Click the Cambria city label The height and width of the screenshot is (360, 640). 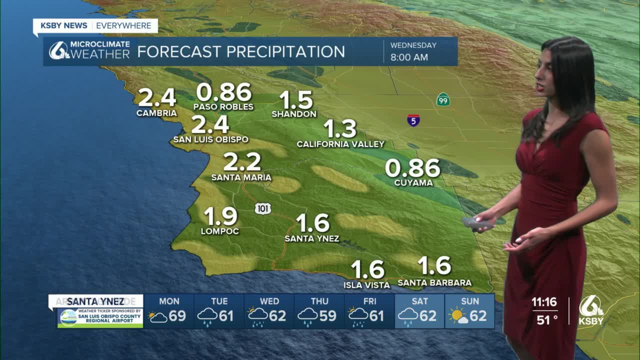(x=156, y=113)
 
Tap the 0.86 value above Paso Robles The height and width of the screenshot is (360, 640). (x=223, y=92)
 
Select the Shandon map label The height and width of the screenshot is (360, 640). (x=294, y=114)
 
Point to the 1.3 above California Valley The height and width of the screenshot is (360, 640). (x=340, y=128)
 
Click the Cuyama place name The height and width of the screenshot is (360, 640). (x=413, y=183)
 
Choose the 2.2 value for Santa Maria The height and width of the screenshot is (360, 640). (x=242, y=161)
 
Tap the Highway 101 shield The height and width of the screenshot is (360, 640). (x=262, y=208)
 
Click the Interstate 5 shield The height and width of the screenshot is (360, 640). (x=413, y=120)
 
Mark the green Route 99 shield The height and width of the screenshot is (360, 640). (x=442, y=99)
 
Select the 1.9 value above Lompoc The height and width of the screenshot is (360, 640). (x=220, y=216)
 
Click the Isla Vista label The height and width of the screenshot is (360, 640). (x=366, y=285)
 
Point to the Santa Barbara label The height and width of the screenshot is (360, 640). (x=434, y=283)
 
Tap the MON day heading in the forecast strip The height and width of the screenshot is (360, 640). (x=169, y=301)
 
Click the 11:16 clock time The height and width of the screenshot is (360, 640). (x=544, y=302)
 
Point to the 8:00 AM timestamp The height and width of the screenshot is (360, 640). (x=409, y=57)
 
